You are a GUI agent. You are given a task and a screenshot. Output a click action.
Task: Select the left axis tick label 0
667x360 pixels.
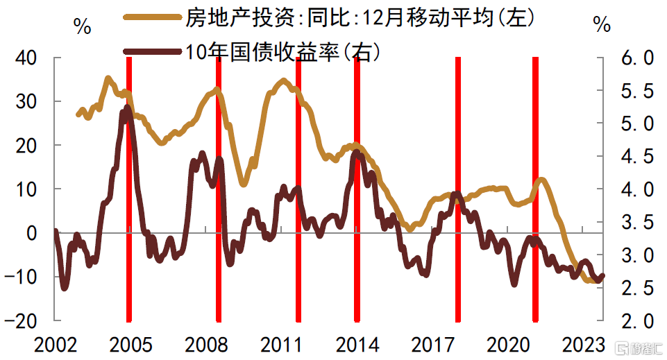tap(32, 234)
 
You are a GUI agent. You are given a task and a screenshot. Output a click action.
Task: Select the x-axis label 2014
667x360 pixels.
tap(357, 345)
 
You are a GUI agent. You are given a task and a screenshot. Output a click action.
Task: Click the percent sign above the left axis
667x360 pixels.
tap(82, 27)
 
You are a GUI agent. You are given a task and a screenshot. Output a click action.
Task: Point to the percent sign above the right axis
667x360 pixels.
tap(602, 26)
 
